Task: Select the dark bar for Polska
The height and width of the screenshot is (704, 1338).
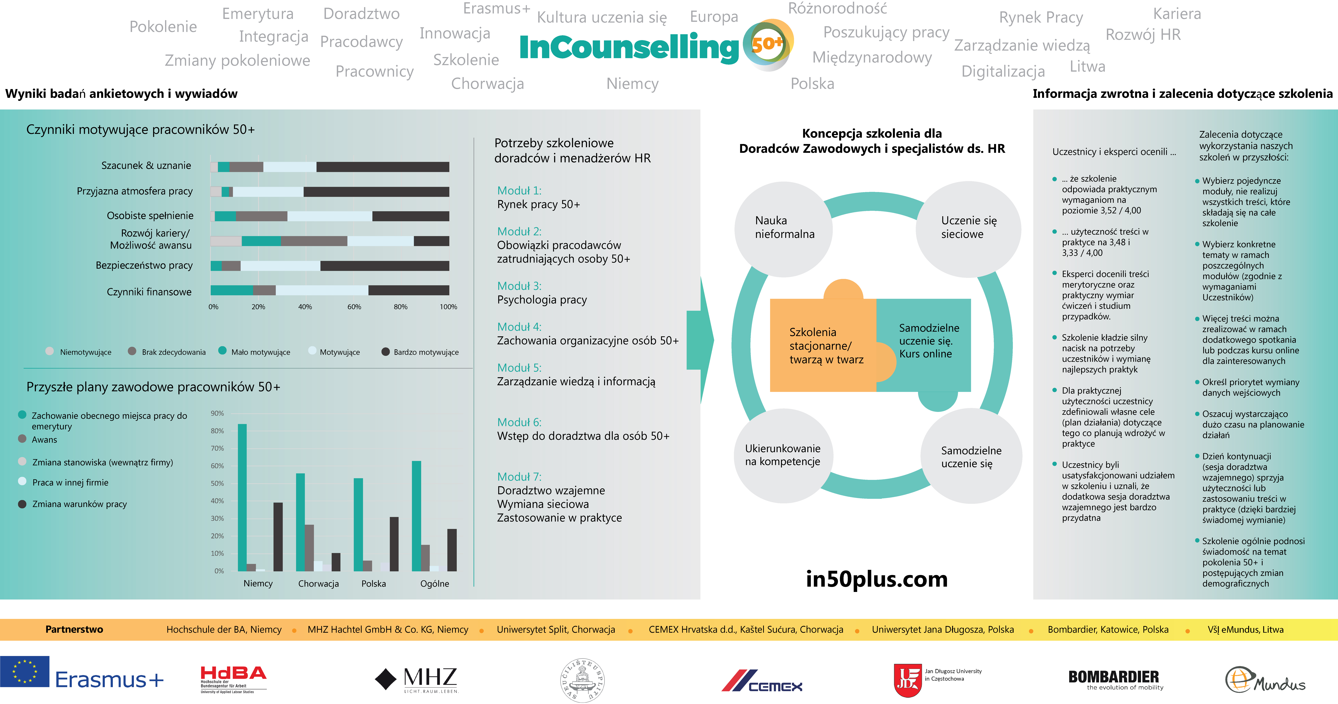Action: click(394, 544)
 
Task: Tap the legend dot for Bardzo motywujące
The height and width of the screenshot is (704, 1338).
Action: click(385, 352)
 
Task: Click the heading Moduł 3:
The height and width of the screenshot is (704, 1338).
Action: click(519, 286)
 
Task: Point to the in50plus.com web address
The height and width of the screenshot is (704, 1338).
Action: click(877, 579)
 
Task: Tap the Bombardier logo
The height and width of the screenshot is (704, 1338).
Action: click(1115, 680)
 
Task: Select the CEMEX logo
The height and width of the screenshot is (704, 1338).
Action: click(762, 681)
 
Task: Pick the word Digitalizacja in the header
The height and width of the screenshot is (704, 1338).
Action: click(1003, 71)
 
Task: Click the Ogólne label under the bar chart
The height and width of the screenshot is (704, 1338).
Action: click(435, 583)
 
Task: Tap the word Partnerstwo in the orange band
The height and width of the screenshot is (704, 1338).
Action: click(74, 629)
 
